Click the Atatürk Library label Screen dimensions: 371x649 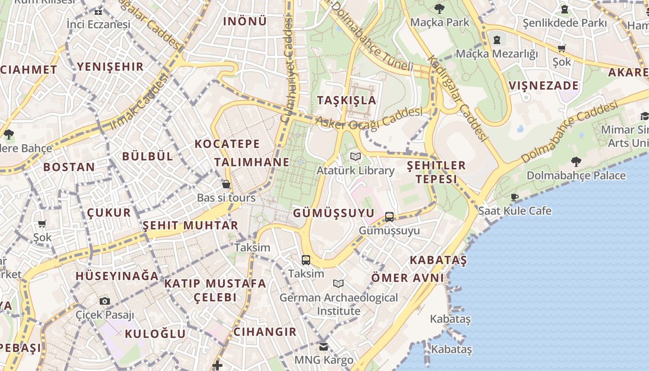pyautogui.click(x=356, y=171)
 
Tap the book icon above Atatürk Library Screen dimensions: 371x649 pyautogui.click(x=356, y=157)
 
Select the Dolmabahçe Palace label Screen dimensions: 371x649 pyautogui.click(x=576, y=176)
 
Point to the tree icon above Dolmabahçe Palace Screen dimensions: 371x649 pyautogui.click(x=576, y=162)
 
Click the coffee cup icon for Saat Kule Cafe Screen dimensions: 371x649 pyautogui.click(x=515, y=198)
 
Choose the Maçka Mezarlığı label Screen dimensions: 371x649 pyautogui.click(x=497, y=54)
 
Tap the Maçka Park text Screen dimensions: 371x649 pyautogui.click(x=440, y=22)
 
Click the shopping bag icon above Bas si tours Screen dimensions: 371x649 pyautogui.click(x=226, y=184)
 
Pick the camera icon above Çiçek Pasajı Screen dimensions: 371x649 pyautogui.click(x=105, y=301)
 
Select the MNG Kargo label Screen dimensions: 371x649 pyautogui.click(x=324, y=360)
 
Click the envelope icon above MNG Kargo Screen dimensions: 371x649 pyautogui.click(x=324, y=346)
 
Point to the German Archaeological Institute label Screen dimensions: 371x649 pyautogui.click(x=338, y=304)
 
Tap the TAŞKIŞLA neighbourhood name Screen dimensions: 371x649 pyautogui.click(x=346, y=100)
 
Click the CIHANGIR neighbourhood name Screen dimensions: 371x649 pyautogui.click(x=265, y=332)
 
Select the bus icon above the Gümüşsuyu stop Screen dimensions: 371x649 pyautogui.click(x=389, y=217)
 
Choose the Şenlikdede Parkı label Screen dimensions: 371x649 pyautogui.click(x=565, y=23)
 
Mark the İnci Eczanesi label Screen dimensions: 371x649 pyautogui.click(x=98, y=24)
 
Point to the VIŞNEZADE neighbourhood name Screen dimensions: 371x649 pyautogui.click(x=544, y=86)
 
